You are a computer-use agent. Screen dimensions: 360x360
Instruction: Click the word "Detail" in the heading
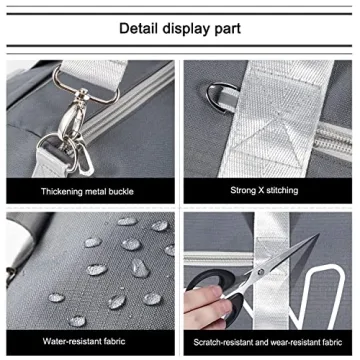(138, 29)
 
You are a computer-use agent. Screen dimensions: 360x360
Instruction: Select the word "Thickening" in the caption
(62, 192)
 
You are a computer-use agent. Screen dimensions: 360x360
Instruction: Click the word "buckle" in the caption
(121, 191)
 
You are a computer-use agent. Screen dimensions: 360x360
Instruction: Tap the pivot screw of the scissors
(262, 271)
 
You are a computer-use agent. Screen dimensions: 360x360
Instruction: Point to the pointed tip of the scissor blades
(318, 235)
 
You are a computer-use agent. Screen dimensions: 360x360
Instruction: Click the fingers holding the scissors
(207, 304)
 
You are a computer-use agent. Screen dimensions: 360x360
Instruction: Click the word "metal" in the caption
(95, 192)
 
